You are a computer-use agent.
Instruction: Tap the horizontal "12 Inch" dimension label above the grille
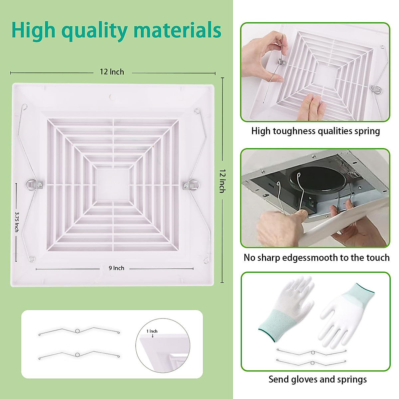coord(112,72)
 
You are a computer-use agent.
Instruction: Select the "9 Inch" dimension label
coord(116,268)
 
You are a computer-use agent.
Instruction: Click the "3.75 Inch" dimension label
coord(17,222)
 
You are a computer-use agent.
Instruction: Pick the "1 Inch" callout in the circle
coord(152,331)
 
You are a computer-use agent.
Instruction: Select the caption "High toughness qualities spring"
coord(315,131)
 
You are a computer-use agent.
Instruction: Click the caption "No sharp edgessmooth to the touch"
coord(316,258)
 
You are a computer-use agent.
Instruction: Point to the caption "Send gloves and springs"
coord(318,379)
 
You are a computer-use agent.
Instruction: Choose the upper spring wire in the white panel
coord(79,332)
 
